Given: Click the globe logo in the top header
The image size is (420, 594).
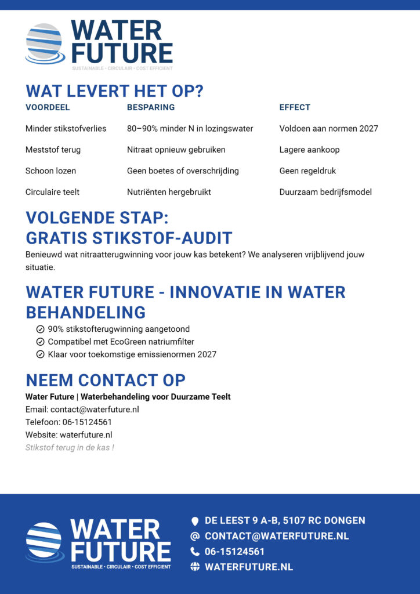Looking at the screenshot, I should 45,43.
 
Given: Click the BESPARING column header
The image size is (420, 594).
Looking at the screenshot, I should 151,107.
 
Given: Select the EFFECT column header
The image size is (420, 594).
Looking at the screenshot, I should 295,107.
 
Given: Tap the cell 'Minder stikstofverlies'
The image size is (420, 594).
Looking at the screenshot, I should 66,128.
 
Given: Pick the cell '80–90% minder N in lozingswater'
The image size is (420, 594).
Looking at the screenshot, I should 190,128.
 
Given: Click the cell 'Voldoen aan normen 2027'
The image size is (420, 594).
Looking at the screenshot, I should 328,128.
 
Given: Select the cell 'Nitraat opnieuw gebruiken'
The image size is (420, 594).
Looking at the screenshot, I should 176,150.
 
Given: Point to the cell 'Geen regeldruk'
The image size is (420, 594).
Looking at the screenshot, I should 307,171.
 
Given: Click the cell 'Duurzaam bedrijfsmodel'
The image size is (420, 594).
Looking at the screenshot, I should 325,192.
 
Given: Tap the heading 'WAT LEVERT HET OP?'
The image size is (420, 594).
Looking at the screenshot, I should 114,92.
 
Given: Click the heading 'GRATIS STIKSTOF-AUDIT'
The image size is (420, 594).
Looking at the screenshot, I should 129,238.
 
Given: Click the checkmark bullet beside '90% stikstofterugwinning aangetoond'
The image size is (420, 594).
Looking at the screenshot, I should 40,329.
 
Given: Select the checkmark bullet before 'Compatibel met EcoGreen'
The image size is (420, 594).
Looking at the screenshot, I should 40,342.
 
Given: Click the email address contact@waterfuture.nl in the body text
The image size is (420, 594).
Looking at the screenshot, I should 95,410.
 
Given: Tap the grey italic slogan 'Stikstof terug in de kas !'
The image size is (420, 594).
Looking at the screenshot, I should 70,448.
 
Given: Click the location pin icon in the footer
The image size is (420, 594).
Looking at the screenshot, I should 195,521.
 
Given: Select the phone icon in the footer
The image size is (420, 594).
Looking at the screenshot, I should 195,552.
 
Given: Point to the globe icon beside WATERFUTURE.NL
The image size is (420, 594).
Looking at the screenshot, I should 195,567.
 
